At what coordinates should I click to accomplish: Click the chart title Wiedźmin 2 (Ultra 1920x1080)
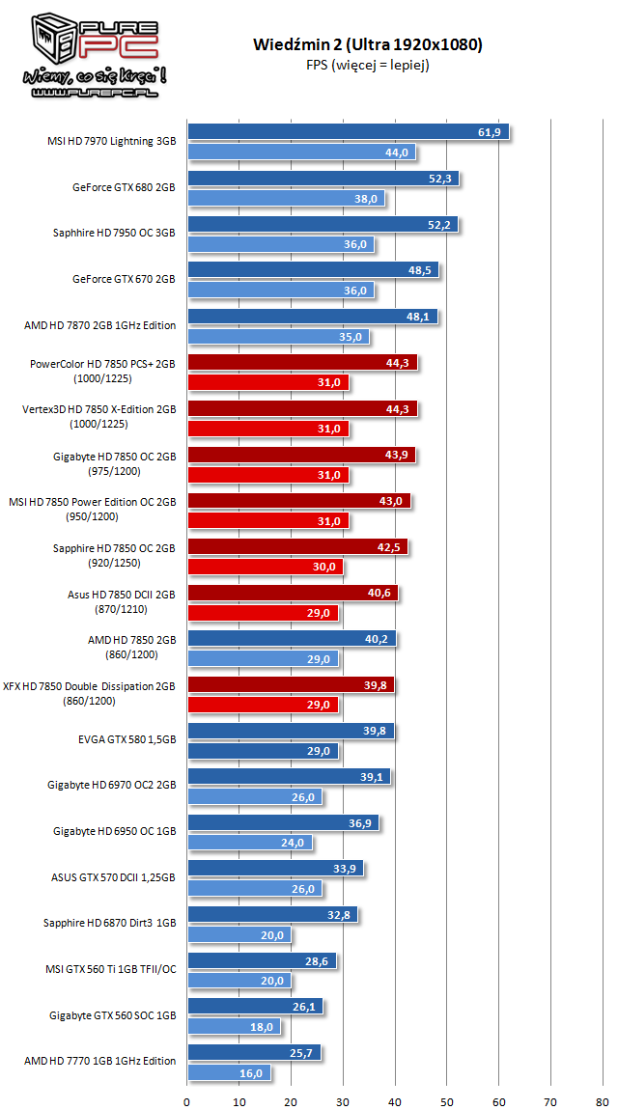click(368, 44)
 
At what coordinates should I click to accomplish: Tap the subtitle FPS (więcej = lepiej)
click(368, 65)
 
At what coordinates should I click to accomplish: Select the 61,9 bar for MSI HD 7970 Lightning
click(348, 132)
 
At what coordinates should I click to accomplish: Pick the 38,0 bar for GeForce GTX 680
click(286, 199)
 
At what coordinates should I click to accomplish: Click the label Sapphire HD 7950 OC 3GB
click(114, 233)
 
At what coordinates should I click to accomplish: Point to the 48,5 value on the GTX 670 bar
click(420, 270)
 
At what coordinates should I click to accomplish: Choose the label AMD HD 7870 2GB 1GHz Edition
click(100, 325)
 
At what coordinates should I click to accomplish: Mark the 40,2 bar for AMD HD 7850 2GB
click(292, 639)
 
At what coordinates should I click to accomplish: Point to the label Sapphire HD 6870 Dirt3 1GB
click(109, 924)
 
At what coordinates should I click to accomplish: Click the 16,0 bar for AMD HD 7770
click(229, 1072)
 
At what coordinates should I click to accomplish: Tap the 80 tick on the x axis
click(603, 1100)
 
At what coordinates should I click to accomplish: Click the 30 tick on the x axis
click(343, 1100)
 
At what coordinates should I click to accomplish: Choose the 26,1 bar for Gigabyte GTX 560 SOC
click(255, 1008)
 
